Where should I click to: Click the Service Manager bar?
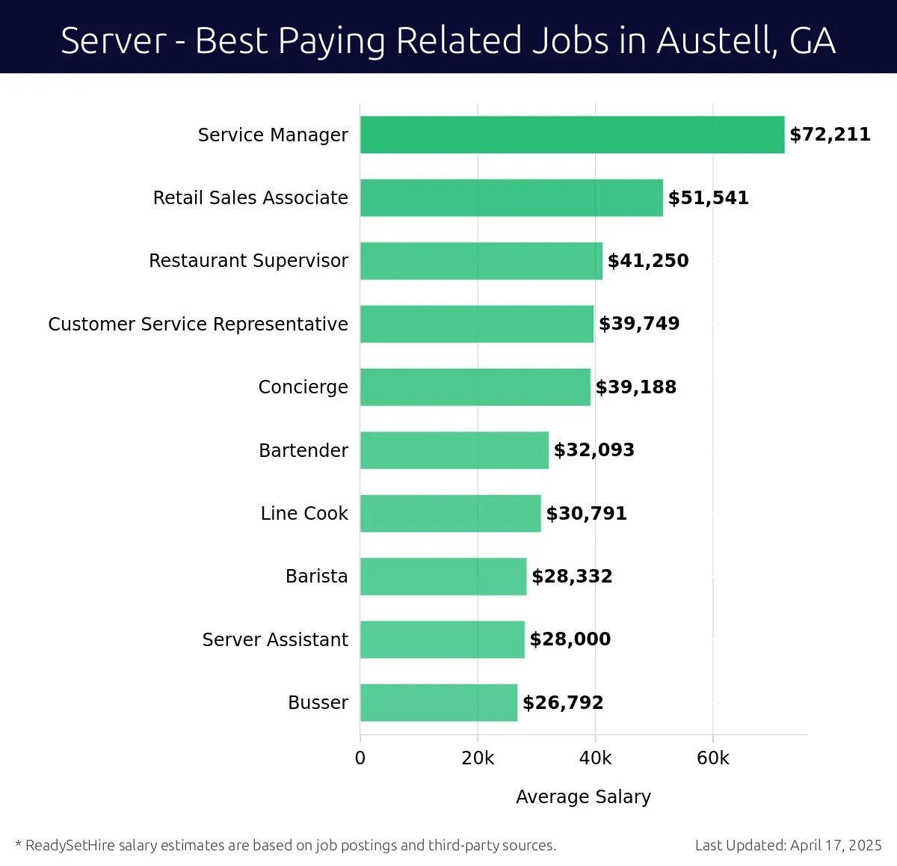(572, 135)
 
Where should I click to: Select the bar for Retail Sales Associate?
(511, 198)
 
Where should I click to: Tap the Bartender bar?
(454, 450)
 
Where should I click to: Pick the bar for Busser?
(439, 703)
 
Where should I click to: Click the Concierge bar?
(475, 387)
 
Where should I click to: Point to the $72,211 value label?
(830, 135)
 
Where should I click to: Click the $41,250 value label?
(648, 261)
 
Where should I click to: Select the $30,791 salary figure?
(586, 514)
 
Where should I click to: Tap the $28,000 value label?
(570, 639)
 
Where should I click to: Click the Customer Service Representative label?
(198, 324)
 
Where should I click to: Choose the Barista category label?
(316, 577)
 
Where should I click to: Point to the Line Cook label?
(304, 514)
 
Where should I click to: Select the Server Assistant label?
(275, 640)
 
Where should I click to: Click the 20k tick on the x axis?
(478, 758)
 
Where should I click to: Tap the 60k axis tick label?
(712, 758)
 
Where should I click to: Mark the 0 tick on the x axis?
(360, 758)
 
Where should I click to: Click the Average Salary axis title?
(583, 797)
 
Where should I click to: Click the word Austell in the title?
(716, 40)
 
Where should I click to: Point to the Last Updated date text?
(788, 846)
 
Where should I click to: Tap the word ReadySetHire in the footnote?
(70, 846)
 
